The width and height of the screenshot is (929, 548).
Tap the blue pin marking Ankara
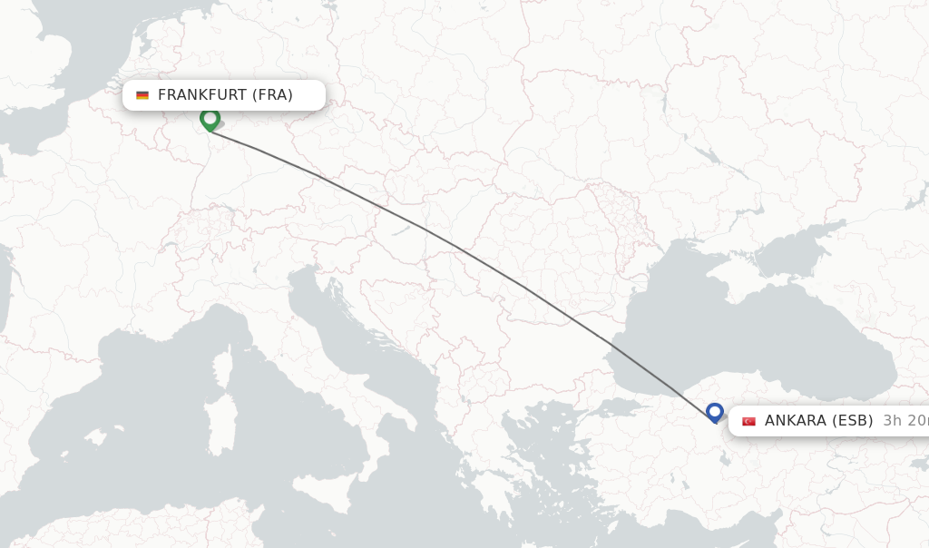point(715,413)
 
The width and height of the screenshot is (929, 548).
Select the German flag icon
point(142,95)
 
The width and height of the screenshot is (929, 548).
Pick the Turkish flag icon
point(748,421)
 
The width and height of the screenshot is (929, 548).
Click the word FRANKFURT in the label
point(201,94)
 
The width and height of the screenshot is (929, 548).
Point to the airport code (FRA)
point(272,94)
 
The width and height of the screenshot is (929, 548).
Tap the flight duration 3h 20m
point(905,420)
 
